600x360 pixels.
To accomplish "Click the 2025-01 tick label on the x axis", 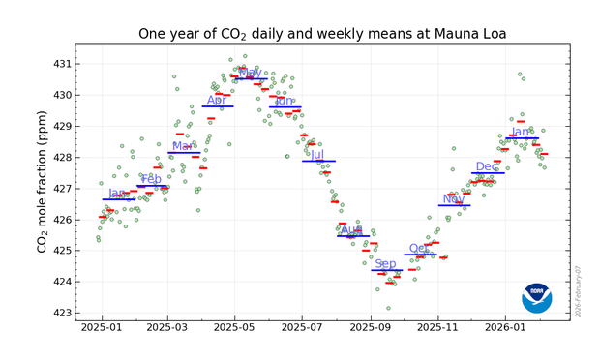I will click(102, 329).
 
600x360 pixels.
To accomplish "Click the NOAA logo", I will click(536, 297).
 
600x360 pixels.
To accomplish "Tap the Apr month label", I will click(217, 100).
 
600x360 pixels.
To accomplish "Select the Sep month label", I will click(385, 263).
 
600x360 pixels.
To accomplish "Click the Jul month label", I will click(317, 154).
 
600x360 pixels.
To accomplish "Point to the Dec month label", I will click(487, 166).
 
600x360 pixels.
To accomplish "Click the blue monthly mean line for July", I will click(318, 161).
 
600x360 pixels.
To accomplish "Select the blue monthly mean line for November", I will click(454, 205).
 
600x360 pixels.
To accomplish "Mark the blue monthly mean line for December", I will click(488, 173).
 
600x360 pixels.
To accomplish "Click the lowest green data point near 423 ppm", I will click(388, 308).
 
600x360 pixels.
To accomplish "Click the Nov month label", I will click(453, 198).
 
